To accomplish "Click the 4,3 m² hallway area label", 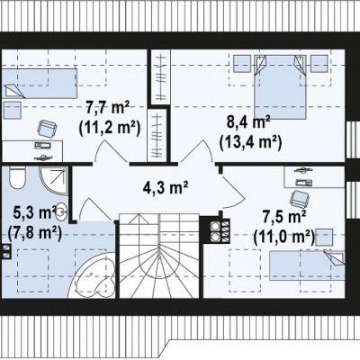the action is [166, 187].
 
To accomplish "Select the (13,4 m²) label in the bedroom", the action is [250, 142].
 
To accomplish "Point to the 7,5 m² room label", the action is [284, 217].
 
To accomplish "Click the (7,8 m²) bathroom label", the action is [35, 233].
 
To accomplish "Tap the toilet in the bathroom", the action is [18, 178].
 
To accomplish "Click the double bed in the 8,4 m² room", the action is [280, 87].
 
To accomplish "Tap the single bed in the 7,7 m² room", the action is [39, 84].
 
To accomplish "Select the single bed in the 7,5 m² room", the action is [307, 265].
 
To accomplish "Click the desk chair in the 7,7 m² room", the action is [47, 129].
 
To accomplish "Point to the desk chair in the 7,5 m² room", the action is [299, 199].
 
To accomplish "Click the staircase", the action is [159, 256].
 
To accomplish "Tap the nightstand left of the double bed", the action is [242, 64].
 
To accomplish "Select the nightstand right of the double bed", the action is [319, 64].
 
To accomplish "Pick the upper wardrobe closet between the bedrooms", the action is [160, 76].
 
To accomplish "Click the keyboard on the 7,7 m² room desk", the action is [42, 146].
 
